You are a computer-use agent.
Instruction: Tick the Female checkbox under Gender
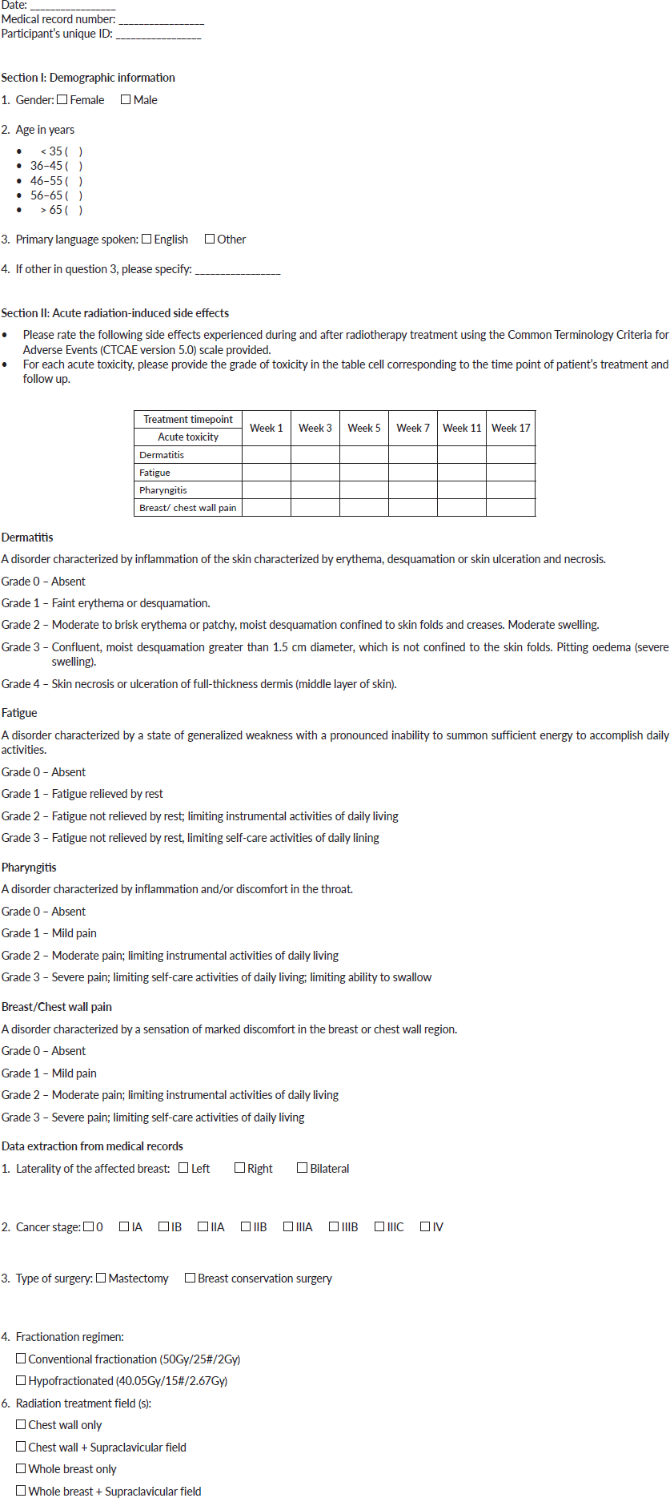click(x=62, y=100)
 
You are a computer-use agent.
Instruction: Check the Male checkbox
click(x=126, y=100)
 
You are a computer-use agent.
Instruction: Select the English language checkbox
click(x=146, y=239)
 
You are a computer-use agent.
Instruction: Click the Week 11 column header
click(x=462, y=428)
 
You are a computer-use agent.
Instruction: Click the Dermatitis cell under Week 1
click(x=267, y=455)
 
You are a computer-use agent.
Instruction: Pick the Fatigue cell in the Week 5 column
click(x=364, y=473)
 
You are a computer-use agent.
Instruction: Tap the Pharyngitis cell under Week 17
click(x=511, y=490)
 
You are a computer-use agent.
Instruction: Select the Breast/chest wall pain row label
click(x=188, y=508)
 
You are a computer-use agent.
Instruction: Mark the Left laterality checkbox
click(x=183, y=1168)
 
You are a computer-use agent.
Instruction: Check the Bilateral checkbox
click(x=302, y=1168)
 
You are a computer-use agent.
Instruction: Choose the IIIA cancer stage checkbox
click(x=288, y=1226)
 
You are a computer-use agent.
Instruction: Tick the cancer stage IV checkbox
click(x=425, y=1226)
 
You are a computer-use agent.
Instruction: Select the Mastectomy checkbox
click(x=101, y=1278)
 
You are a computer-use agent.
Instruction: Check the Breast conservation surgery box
click(x=190, y=1278)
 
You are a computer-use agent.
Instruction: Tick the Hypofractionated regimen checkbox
click(x=21, y=1380)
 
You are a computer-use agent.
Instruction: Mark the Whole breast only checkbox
click(x=21, y=1468)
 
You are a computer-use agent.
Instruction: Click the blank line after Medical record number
click(x=161, y=20)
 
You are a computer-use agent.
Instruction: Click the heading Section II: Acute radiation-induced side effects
click(x=115, y=313)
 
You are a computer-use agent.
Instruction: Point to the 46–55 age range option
click(x=56, y=181)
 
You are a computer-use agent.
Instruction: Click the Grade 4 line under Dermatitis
click(x=199, y=684)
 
